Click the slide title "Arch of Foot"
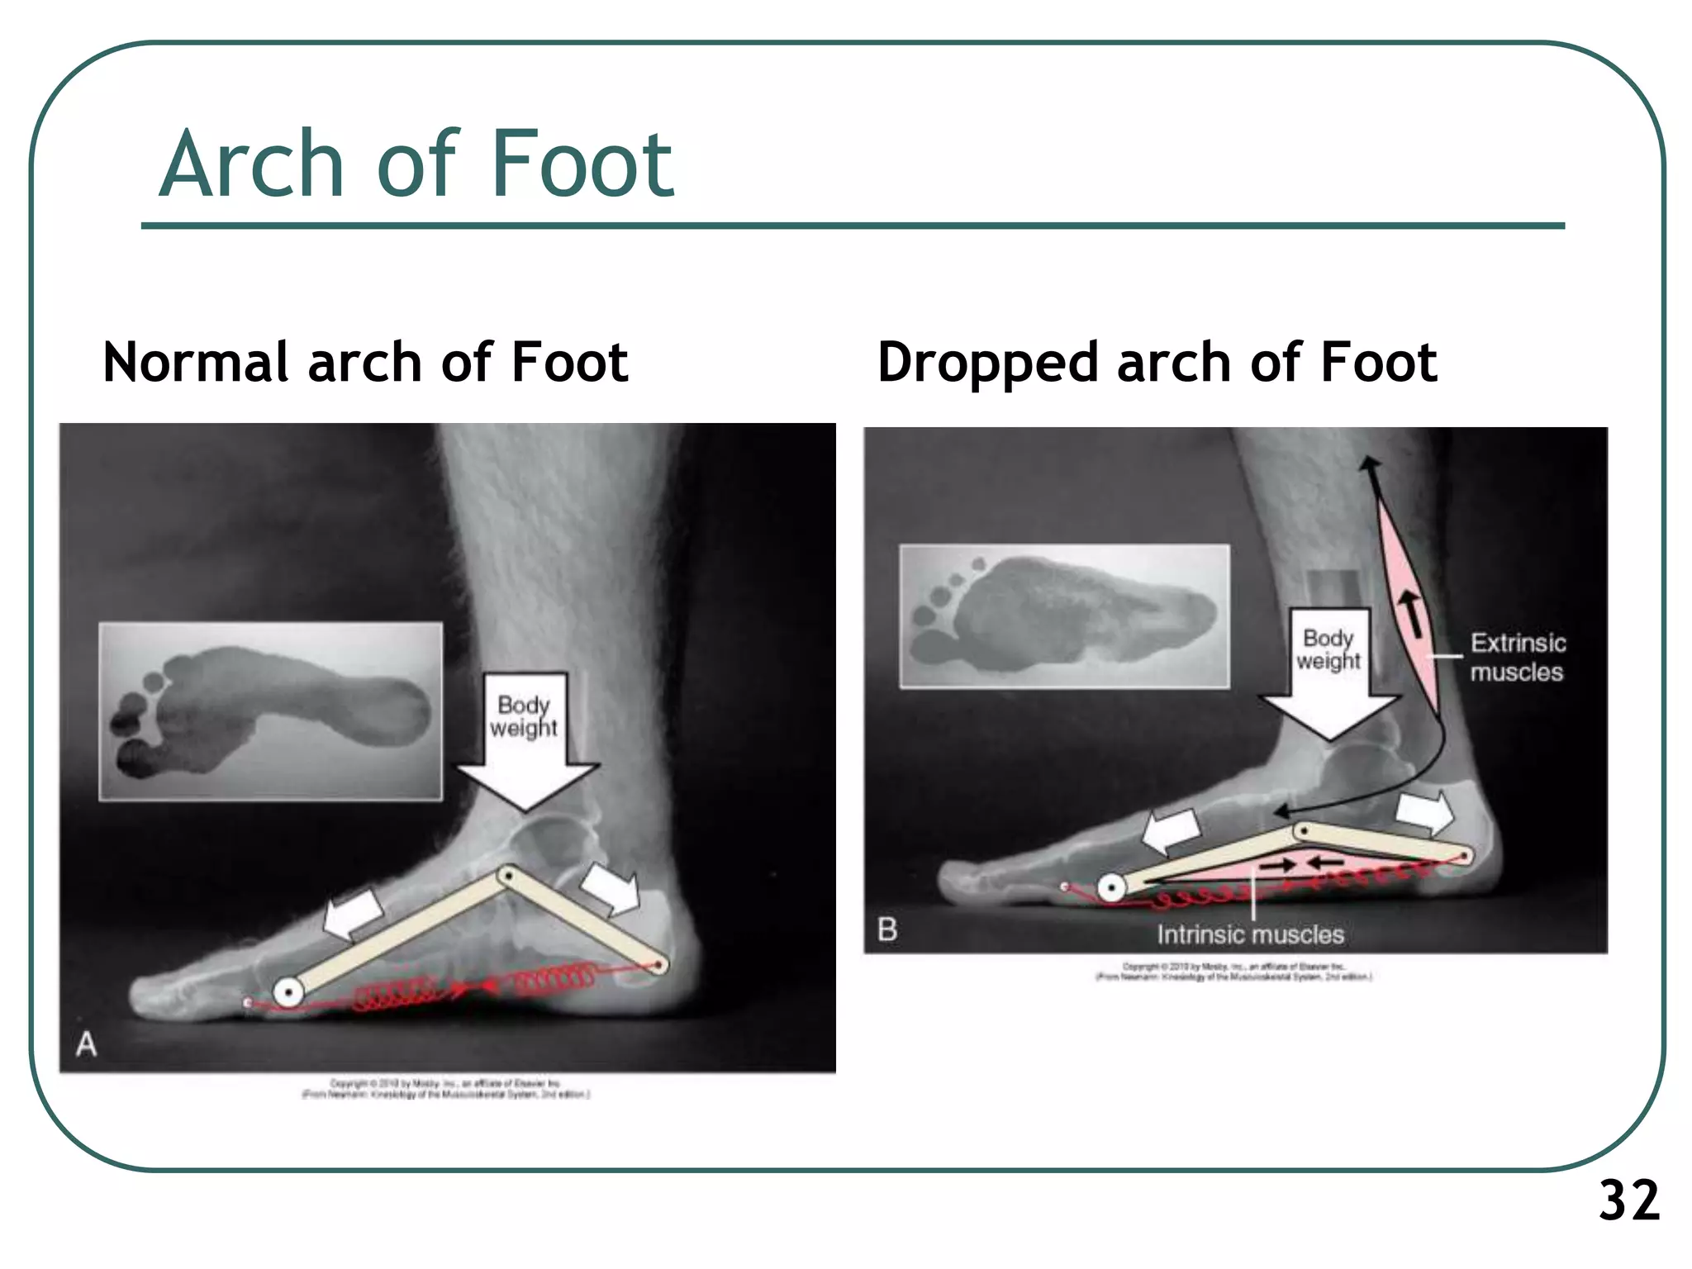pos(416,164)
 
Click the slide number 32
pos(1628,1200)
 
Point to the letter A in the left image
pos(86,1045)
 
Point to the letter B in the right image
pos(887,929)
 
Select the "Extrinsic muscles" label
pos(1517,657)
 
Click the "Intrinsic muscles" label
pos(1250,934)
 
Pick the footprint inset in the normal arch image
pos(271,711)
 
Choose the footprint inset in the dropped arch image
pos(1064,615)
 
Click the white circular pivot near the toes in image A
pos(288,991)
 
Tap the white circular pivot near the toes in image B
pos(1111,889)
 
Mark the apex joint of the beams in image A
pos(508,875)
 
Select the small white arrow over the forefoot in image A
pos(353,914)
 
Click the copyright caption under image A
pos(445,1089)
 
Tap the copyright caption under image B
pos(1233,972)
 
